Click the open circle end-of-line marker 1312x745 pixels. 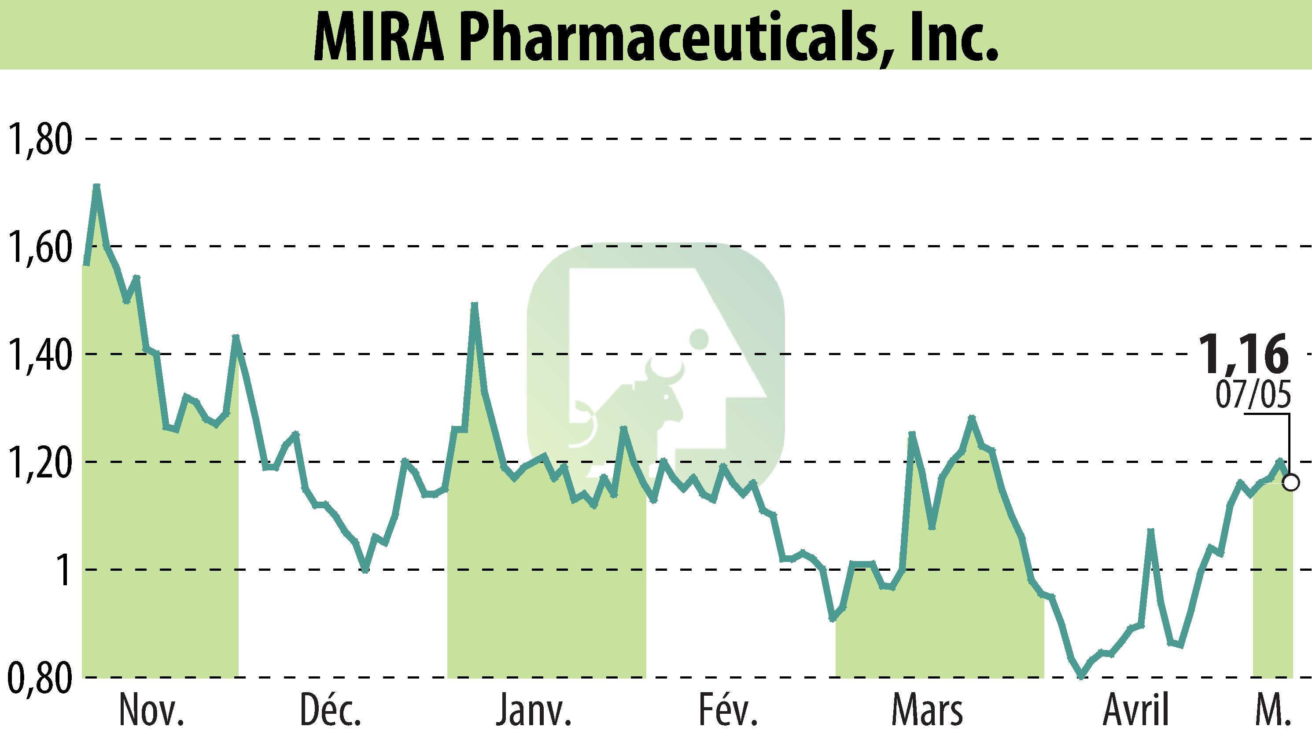click(1291, 482)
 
